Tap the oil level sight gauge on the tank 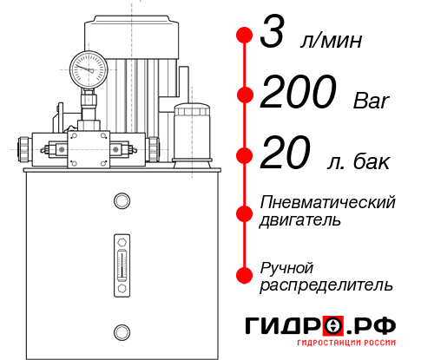(120, 258)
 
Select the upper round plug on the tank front (120, 201)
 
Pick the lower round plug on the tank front (120, 330)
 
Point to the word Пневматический (328, 202)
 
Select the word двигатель (300, 220)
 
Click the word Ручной (286, 266)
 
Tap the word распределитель (326, 285)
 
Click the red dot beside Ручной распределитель (244, 275)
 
